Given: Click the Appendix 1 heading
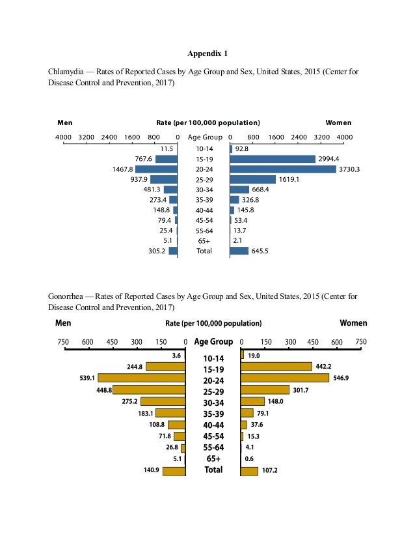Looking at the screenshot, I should click(207, 53).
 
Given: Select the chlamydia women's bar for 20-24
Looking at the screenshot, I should click(283, 169).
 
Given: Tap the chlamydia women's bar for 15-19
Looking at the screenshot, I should click(273, 159).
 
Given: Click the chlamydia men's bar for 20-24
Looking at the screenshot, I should click(156, 169).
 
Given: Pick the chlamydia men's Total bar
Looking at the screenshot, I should click(173, 251).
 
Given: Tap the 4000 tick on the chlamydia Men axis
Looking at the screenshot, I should click(63, 138).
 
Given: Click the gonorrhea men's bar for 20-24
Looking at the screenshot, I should click(142, 378).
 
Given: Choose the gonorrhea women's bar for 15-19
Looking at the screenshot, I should click(276, 366).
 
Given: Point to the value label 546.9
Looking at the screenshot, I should click(342, 378).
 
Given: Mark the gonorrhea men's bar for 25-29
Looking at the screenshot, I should click(150, 389).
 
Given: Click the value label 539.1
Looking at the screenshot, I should click(87, 378).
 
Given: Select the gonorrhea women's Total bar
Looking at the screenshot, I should click(249, 471).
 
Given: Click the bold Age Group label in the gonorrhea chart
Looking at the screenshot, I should click(213, 342).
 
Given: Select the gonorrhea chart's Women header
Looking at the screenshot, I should click(353, 323).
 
